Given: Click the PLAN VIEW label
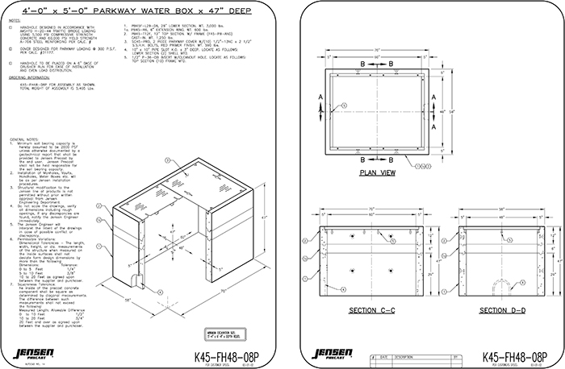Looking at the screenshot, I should point(376,172).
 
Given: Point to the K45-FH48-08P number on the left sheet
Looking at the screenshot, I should point(231,350).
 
